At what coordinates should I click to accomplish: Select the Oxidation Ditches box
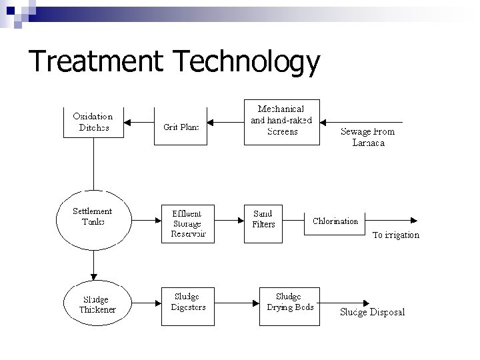coord(93,121)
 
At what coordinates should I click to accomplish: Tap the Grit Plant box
coord(181,126)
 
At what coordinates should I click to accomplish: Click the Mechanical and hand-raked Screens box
coord(281,121)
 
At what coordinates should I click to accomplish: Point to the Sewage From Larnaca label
coord(368,137)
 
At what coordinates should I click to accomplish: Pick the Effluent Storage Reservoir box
coord(189,223)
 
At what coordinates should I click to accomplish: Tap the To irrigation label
coord(395,235)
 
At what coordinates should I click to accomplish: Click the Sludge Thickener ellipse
coord(93,303)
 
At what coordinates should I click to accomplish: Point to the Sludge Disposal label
coord(372,311)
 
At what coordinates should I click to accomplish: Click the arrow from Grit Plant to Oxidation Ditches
coord(139,122)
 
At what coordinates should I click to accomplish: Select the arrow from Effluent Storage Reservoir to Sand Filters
coord(229,219)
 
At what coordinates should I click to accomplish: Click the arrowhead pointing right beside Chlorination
coord(414,220)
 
